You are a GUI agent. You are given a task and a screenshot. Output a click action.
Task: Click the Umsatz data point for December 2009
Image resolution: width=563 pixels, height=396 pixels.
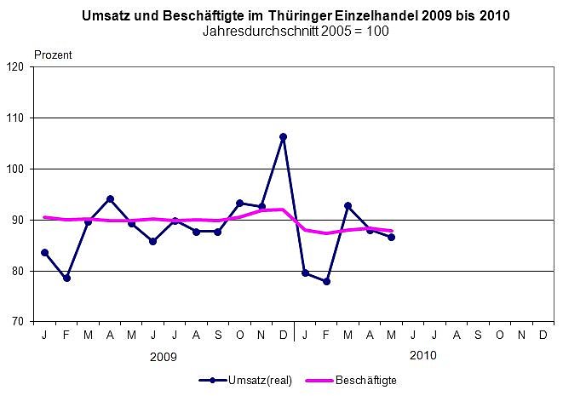[283, 137]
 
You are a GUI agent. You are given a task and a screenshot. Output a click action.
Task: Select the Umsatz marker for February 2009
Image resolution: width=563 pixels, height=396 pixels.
[66, 278]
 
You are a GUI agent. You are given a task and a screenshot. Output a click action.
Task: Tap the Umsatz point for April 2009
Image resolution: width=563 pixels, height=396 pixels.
[110, 198]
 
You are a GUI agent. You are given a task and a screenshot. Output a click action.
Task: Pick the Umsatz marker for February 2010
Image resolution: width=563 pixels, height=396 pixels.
[326, 281]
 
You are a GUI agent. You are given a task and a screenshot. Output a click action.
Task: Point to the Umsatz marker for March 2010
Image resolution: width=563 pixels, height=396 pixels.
[348, 205]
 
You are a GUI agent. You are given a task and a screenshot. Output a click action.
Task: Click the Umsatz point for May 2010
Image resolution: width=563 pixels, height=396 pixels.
[391, 237]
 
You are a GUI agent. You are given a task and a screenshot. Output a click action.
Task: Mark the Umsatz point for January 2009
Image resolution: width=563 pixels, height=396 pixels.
[44, 252]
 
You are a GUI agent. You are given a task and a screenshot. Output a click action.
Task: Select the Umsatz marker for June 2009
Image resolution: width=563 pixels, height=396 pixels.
[152, 241]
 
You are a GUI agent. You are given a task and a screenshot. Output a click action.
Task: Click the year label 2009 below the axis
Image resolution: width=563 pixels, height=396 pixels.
[163, 355]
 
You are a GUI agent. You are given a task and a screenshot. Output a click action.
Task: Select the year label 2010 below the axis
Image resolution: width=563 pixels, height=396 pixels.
[422, 355]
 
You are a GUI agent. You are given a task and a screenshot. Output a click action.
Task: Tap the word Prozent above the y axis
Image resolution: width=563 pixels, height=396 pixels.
[53, 55]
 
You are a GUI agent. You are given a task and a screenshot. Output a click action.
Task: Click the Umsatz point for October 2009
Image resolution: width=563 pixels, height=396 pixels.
[239, 203]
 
